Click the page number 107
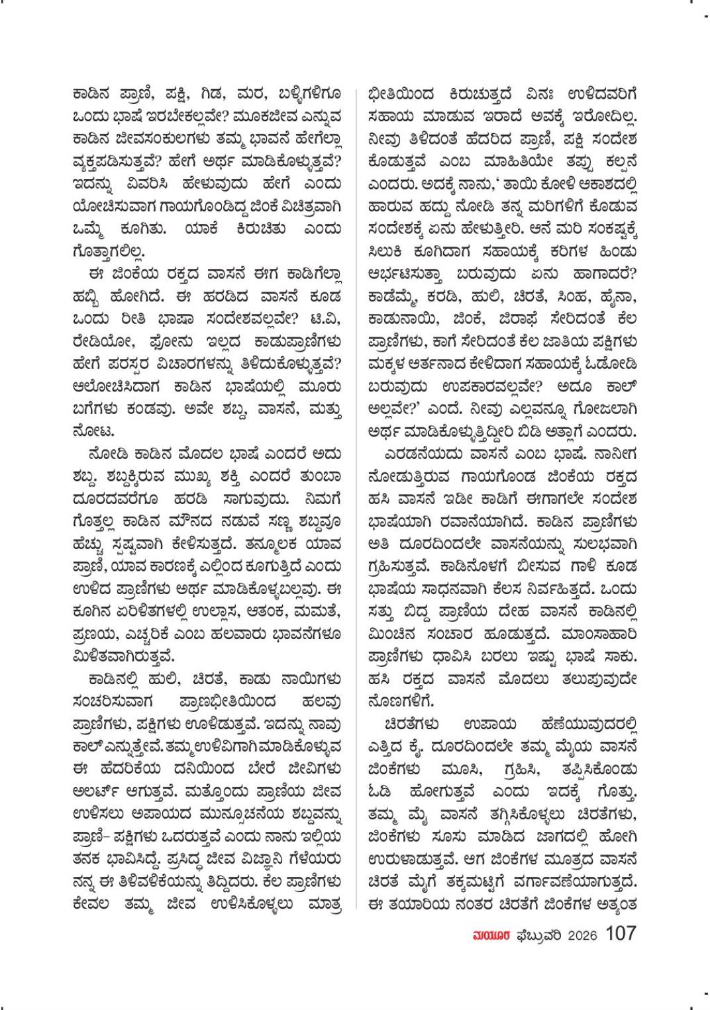[x=621, y=934]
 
